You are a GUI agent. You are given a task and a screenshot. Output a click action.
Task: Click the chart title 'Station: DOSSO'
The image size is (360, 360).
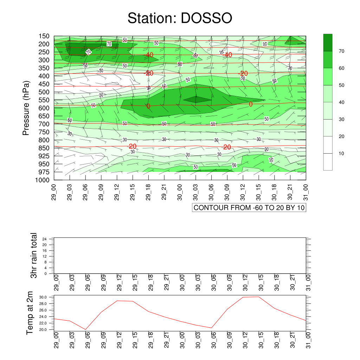[x=180, y=18]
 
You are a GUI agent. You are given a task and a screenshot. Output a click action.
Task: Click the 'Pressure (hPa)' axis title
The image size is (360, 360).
[x=26, y=108]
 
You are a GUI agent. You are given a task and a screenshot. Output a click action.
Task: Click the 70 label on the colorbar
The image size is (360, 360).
[x=342, y=51]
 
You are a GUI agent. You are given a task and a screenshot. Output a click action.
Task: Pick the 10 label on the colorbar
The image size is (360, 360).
[x=342, y=154]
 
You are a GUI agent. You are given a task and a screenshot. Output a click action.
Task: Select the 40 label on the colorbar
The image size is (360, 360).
[x=342, y=102]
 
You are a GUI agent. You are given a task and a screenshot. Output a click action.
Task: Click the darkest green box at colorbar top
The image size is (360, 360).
[x=328, y=43]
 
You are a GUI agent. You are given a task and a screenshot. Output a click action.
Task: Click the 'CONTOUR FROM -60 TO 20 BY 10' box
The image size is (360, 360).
[x=249, y=208]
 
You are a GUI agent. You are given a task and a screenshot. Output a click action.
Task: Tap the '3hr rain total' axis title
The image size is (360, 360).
[x=34, y=255]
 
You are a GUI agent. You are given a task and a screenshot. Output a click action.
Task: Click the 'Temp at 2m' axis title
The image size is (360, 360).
[x=30, y=313]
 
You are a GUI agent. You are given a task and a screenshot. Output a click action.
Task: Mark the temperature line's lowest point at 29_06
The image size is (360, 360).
[x=85, y=329]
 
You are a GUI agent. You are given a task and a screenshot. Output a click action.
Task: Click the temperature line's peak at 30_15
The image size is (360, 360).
[x=259, y=297]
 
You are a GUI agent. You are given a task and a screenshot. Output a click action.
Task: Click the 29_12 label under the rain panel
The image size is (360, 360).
[x=119, y=283]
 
